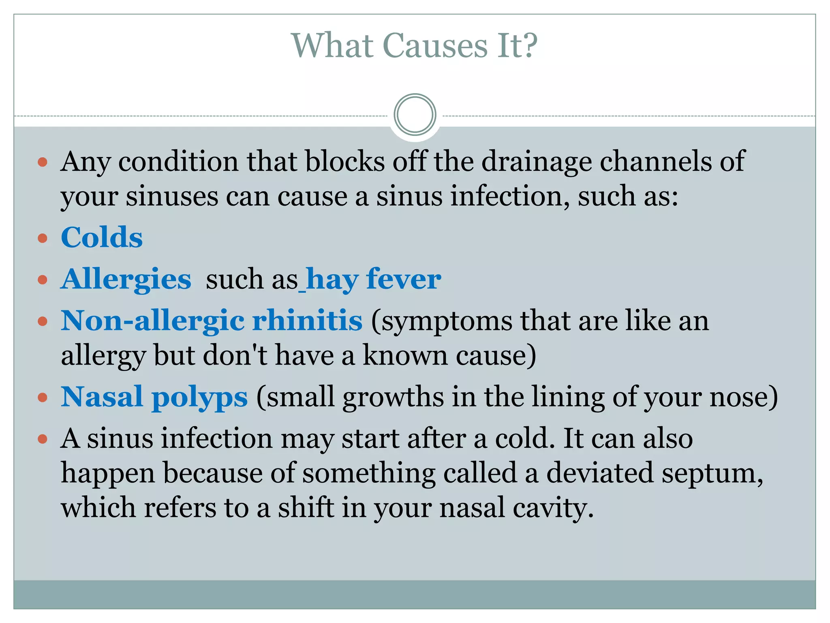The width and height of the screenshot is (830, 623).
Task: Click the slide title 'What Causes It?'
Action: click(414, 45)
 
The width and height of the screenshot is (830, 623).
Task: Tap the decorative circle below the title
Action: click(415, 115)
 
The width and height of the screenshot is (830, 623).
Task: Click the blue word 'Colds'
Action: click(102, 237)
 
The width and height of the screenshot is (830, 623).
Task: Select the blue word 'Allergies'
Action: click(126, 279)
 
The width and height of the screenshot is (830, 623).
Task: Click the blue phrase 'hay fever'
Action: click(373, 279)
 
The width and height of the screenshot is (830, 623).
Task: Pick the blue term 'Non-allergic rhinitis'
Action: click(212, 320)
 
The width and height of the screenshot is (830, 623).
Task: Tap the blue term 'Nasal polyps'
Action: click(154, 397)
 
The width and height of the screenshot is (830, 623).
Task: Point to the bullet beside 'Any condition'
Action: click(43, 163)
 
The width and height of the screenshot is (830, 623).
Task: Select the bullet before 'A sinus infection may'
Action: click(43, 439)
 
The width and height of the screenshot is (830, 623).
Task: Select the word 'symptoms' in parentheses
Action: click(447, 321)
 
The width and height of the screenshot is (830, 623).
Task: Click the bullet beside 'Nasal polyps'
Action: click(43, 397)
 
